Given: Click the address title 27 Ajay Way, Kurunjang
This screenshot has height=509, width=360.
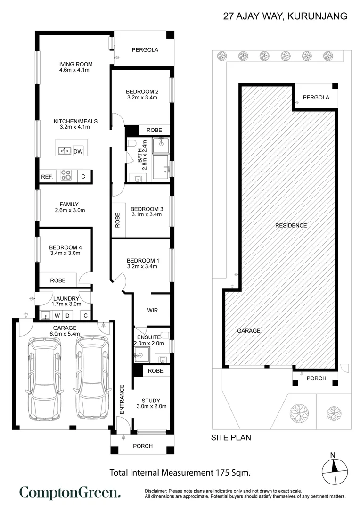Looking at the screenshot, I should click(285, 16).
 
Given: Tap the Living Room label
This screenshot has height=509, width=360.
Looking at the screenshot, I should click(74, 64).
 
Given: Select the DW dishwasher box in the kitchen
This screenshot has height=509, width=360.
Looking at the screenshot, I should click(78, 151).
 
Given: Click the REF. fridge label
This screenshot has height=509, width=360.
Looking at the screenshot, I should click(47, 177).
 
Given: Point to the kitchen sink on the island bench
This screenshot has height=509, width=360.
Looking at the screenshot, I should click(64, 151).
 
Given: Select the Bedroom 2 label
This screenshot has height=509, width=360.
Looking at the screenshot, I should click(142, 91).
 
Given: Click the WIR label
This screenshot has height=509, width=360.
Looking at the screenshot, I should click(152, 311).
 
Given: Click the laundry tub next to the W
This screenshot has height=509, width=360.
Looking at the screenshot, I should click(46, 315).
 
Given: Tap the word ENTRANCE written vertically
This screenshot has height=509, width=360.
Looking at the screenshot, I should click(122, 400).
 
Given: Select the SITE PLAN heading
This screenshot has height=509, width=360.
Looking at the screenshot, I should click(230, 438).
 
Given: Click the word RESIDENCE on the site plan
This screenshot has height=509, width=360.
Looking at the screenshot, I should click(291, 225).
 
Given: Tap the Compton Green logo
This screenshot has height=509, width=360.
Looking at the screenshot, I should click(70, 493).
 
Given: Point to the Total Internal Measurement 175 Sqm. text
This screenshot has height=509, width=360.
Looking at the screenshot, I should click(180, 472).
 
